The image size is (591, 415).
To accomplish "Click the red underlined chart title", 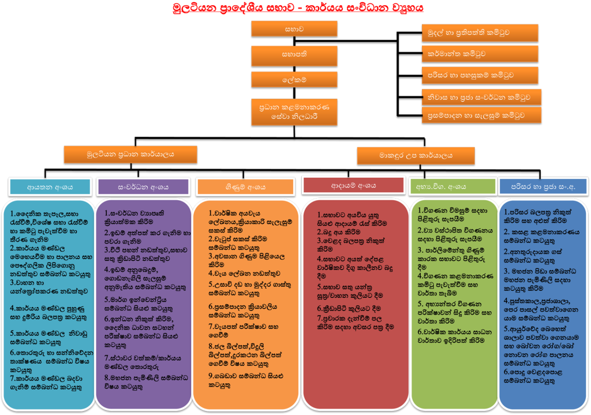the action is [298, 8].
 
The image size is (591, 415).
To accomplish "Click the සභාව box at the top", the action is [294, 29].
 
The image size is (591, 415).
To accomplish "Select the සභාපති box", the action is [294, 55].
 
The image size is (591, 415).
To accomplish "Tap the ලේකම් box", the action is [294, 80].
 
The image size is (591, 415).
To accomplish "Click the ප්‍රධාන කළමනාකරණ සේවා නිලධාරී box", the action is [294, 111].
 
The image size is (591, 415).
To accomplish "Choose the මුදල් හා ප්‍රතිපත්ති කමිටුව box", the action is [480, 33].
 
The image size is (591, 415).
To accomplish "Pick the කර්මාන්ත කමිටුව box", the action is [480, 54].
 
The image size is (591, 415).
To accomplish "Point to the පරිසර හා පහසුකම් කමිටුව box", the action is [480, 75].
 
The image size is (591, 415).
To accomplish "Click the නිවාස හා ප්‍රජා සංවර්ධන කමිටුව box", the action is [482, 97].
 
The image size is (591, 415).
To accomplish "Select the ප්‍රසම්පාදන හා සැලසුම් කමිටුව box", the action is [482, 115].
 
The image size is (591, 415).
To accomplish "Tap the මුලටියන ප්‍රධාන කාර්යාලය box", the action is [130, 154].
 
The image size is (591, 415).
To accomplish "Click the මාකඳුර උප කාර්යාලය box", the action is [416, 156].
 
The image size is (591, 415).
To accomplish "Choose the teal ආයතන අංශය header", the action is [50, 187].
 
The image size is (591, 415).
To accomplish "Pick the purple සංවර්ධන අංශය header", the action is [143, 187].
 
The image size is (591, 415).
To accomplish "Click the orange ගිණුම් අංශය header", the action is [245, 187].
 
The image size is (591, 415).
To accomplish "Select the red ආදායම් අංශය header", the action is [354, 185].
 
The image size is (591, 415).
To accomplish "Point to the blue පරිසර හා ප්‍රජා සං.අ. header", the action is [543, 186].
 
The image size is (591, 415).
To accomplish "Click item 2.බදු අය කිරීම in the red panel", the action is [338, 232].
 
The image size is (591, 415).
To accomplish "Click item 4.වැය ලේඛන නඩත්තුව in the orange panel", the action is [244, 273].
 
